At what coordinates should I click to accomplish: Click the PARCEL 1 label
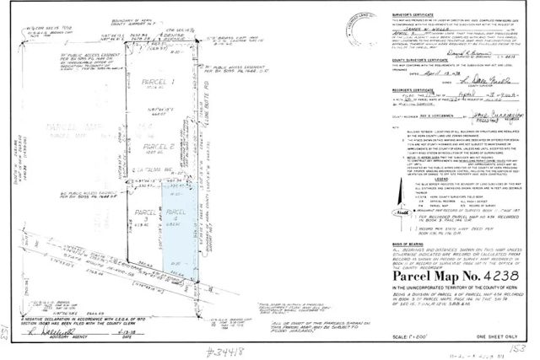(x=156, y=82)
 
